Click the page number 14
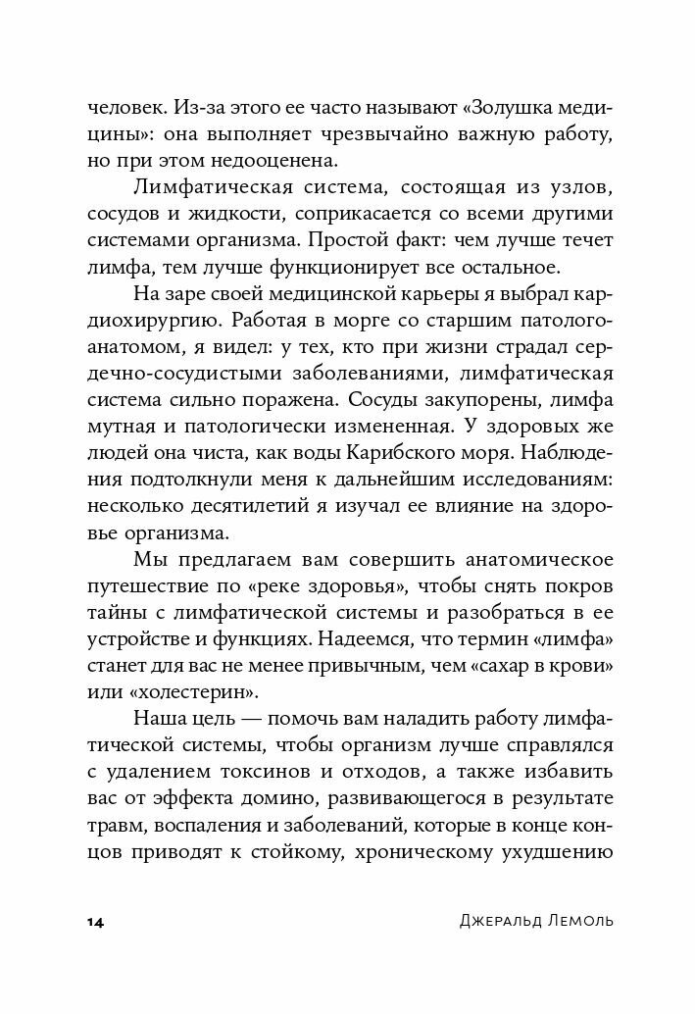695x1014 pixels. [96, 924]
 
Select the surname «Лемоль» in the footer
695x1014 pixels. [577, 924]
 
